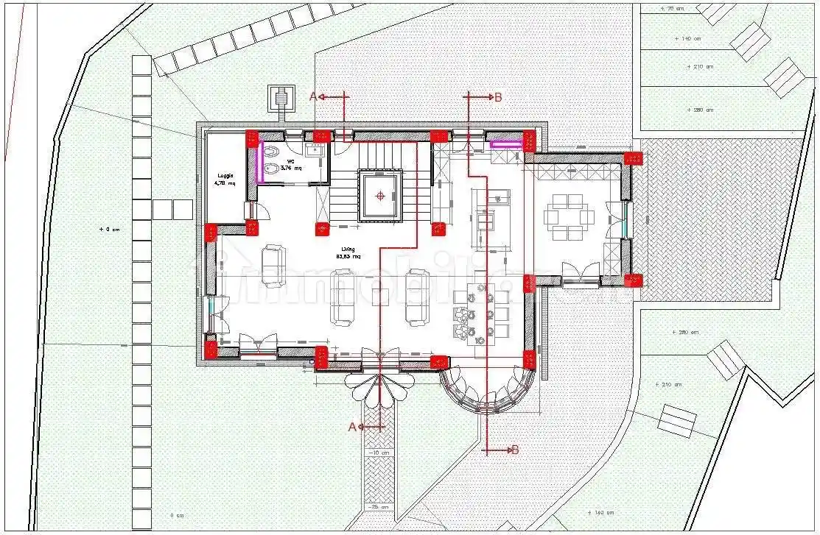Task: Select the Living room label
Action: click(348, 253)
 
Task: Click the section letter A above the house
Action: click(312, 96)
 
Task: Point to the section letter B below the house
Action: click(515, 450)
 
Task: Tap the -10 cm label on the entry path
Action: click(380, 452)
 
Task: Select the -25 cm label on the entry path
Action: click(380, 508)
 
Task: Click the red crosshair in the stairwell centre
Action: click(380, 196)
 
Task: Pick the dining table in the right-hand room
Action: click(568, 216)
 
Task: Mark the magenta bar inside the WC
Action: click(259, 163)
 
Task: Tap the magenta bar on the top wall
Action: click(506, 145)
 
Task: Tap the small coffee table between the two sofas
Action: click(380, 296)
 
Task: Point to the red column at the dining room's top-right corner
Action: click(633, 158)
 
